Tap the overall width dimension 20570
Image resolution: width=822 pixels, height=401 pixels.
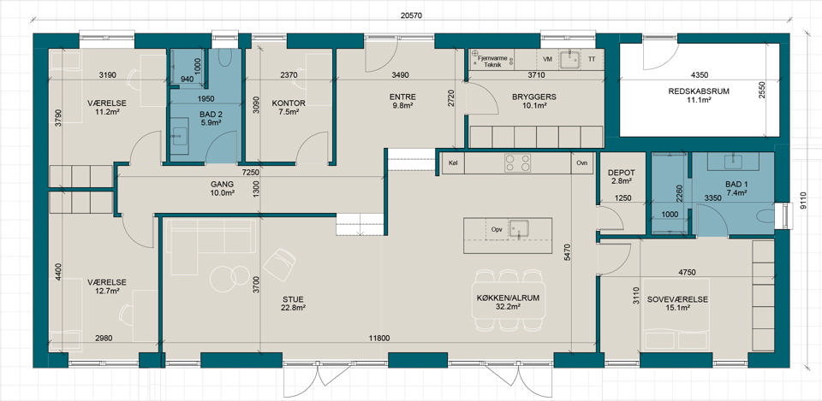[x=411, y=15]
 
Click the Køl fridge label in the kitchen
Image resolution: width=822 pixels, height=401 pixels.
[x=454, y=162]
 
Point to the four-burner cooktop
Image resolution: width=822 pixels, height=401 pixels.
[x=517, y=162]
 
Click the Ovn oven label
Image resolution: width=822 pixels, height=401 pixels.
[x=581, y=162]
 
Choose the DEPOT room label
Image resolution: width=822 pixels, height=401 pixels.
[x=622, y=173]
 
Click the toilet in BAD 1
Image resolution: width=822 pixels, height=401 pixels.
[x=765, y=215]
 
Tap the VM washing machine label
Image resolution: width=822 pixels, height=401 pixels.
[x=548, y=59]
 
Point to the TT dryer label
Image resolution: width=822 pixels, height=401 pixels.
[x=592, y=59]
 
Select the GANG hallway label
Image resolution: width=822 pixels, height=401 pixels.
[x=222, y=185]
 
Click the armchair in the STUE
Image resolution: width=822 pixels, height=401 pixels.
[x=279, y=264]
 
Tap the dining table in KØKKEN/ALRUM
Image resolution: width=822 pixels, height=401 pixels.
[x=509, y=300]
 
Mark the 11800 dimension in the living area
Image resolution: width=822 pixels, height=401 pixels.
[x=379, y=339]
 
